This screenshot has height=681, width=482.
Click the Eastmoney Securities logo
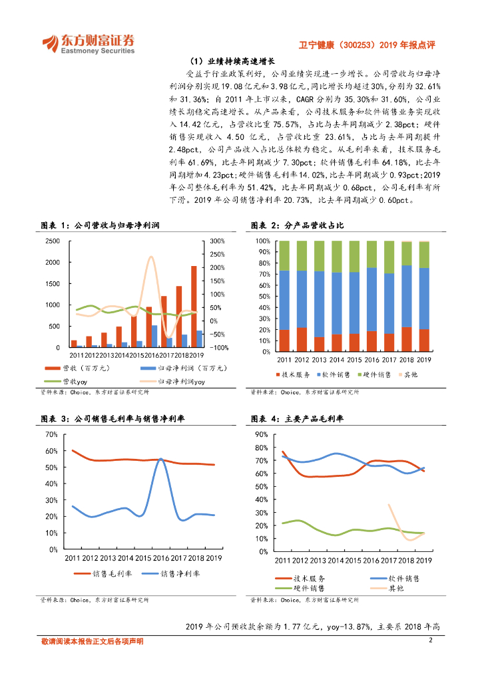[89, 43]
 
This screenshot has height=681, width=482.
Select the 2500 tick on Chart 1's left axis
[51, 241]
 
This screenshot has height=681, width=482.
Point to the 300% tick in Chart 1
[220, 241]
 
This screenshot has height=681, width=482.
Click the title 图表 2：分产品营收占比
[296, 225]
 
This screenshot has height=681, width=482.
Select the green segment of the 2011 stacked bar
[284, 255]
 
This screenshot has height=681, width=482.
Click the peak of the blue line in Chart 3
[160, 459]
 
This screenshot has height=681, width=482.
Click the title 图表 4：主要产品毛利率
[296, 419]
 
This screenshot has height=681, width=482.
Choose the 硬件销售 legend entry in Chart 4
[307, 588]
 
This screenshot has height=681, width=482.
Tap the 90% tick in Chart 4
[261, 434]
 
